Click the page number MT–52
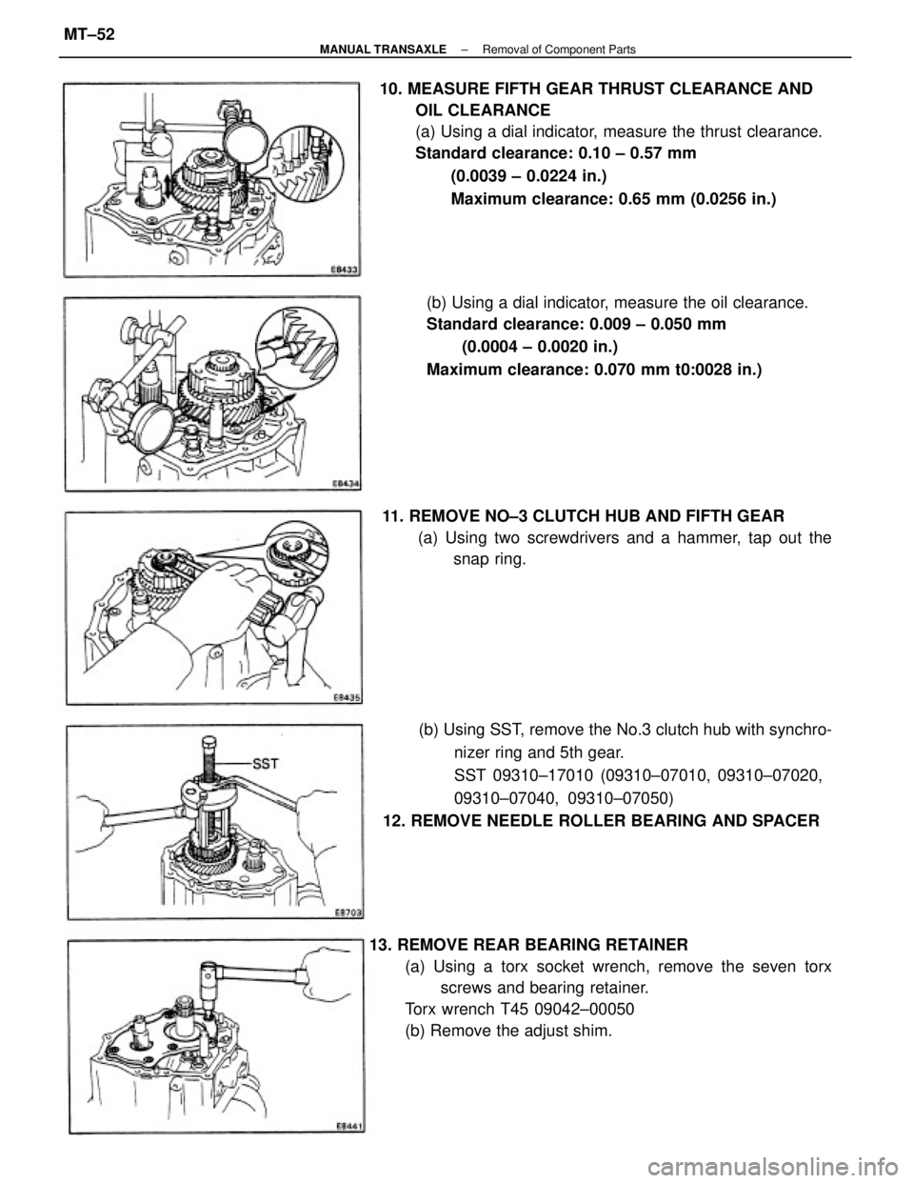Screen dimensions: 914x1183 coord(88,35)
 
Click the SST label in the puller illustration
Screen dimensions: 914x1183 coord(267,764)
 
